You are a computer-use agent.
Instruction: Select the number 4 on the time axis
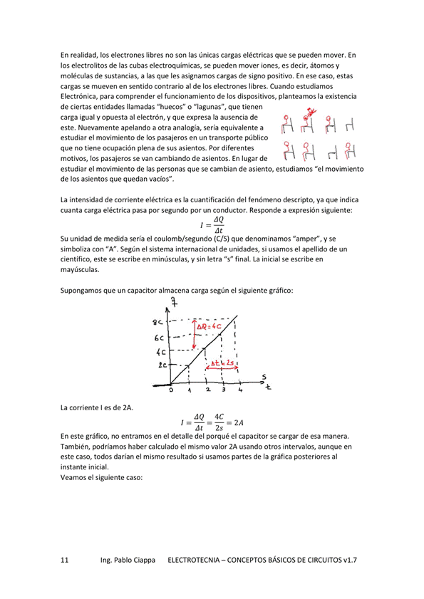(240, 390)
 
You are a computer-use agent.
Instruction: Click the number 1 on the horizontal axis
(190, 390)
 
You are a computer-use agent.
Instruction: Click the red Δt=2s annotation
(223, 363)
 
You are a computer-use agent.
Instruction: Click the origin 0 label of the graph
(171, 390)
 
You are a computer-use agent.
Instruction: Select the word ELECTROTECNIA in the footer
(197, 561)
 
